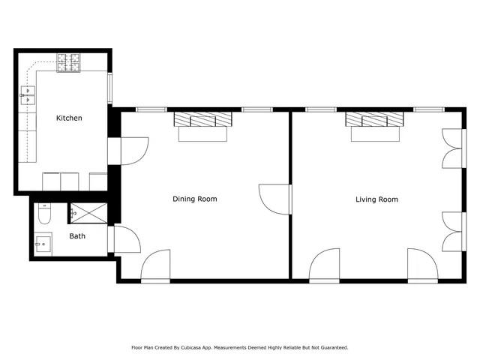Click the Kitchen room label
(69, 118)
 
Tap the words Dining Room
(194, 199)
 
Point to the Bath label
(77, 235)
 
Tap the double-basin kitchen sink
(28, 94)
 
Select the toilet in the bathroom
(43, 215)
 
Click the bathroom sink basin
(43, 244)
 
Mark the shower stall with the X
(89, 213)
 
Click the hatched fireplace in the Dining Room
(202, 119)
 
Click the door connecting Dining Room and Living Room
(275, 199)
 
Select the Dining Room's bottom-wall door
(156, 266)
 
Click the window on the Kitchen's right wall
(110, 88)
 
